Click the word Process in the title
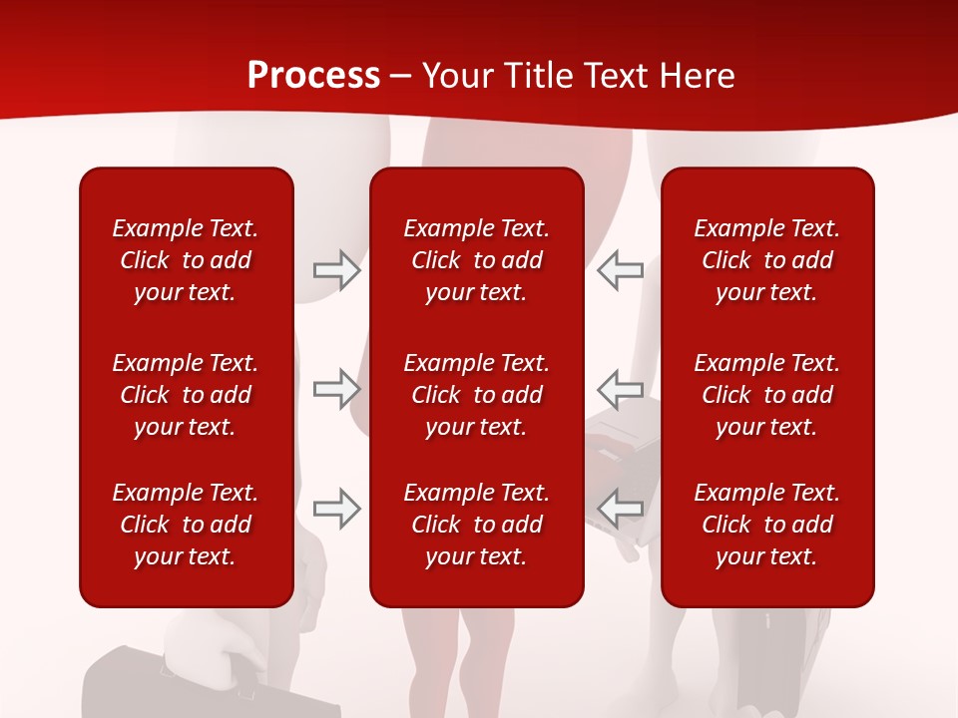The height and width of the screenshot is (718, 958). [313, 76]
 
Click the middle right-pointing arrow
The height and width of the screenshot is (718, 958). [336, 389]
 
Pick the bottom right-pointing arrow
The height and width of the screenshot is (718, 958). [336, 509]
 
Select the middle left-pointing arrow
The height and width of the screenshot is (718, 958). [621, 389]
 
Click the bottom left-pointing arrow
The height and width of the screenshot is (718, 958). [621, 509]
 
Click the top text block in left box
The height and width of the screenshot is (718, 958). [186, 260]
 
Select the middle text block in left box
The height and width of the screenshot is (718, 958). [186, 395]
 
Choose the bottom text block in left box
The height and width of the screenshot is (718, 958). [186, 525]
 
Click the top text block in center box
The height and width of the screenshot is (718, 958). [476, 260]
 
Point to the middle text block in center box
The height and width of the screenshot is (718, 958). [476, 395]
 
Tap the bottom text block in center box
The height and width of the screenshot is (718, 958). [476, 525]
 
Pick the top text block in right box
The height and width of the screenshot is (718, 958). [766, 260]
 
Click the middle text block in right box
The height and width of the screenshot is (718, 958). [766, 395]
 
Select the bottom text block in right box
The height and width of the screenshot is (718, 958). [766, 525]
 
